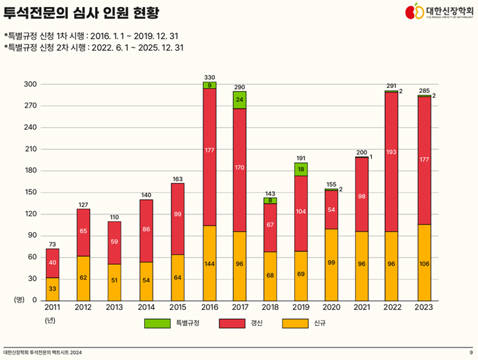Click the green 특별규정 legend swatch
[158, 323]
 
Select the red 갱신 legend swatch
[230, 323]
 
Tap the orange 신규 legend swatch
[296, 323]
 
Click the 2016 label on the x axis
[210, 307]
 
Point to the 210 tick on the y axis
[30, 149]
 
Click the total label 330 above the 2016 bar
[210, 76]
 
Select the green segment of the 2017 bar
[239, 100]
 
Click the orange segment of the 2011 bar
[52, 289]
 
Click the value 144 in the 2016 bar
[210, 264]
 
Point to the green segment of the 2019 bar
[301, 169]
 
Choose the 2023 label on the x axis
[423, 307]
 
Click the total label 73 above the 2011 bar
[52, 243]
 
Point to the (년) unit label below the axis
[50, 320]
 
